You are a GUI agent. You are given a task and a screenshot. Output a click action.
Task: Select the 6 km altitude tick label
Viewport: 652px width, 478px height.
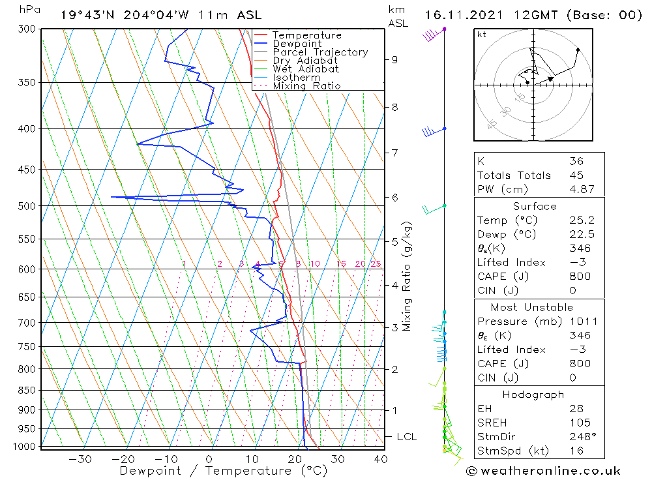tap(394, 197)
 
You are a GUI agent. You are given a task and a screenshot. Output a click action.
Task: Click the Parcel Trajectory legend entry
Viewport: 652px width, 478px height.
tap(319, 52)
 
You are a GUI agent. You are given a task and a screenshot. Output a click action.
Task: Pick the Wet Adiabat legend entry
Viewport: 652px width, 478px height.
tap(306, 69)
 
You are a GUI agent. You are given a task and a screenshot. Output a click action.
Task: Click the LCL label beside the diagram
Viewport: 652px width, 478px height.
tap(406, 437)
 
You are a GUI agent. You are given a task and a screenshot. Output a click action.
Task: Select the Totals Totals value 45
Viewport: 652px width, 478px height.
tap(576, 175)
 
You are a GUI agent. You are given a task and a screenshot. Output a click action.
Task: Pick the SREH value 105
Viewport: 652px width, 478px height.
tap(578, 423)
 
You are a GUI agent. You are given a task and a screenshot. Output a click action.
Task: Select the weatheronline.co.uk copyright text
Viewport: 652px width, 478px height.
tap(543, 471)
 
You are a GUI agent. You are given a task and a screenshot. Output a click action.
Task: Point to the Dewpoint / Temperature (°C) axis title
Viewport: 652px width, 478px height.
tap(223, 470)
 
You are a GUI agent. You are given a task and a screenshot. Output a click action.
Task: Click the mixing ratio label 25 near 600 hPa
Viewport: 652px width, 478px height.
tap(376, 264)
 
